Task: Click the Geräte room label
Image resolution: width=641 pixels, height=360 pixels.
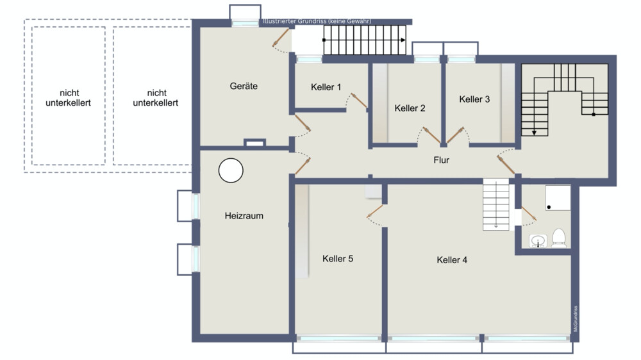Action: tap(244, 86)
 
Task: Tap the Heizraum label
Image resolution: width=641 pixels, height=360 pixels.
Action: tap(244, 216)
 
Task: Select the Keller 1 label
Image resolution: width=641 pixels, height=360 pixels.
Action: tap(326, 87)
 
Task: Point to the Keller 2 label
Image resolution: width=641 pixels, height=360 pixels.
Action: tap(410, 108)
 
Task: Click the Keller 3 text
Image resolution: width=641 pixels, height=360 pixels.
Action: tap(474, 99)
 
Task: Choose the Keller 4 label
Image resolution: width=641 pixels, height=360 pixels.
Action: tap(452, 260)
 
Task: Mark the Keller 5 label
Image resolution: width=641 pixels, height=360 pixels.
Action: tap(338, 259)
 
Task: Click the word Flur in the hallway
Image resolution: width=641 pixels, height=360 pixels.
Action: tap(442, 160)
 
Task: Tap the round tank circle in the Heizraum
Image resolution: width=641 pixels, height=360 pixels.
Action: tap(231, 170)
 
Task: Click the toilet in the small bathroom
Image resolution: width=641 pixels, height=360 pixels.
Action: tap(559, 238)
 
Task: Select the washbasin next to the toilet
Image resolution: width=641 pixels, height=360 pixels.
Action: tap(538, 241)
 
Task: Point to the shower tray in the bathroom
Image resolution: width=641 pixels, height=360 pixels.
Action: tap(558, 198)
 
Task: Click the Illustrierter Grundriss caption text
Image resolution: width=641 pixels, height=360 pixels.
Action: tap(317, 21)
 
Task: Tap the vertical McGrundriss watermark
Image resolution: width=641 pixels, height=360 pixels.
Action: tap(575, 319)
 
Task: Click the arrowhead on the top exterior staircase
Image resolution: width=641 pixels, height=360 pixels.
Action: tap(403, 40)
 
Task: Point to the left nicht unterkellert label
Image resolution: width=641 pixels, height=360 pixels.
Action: tap(69, 98)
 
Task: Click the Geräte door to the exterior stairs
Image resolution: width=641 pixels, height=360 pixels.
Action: tap(281, 37)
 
